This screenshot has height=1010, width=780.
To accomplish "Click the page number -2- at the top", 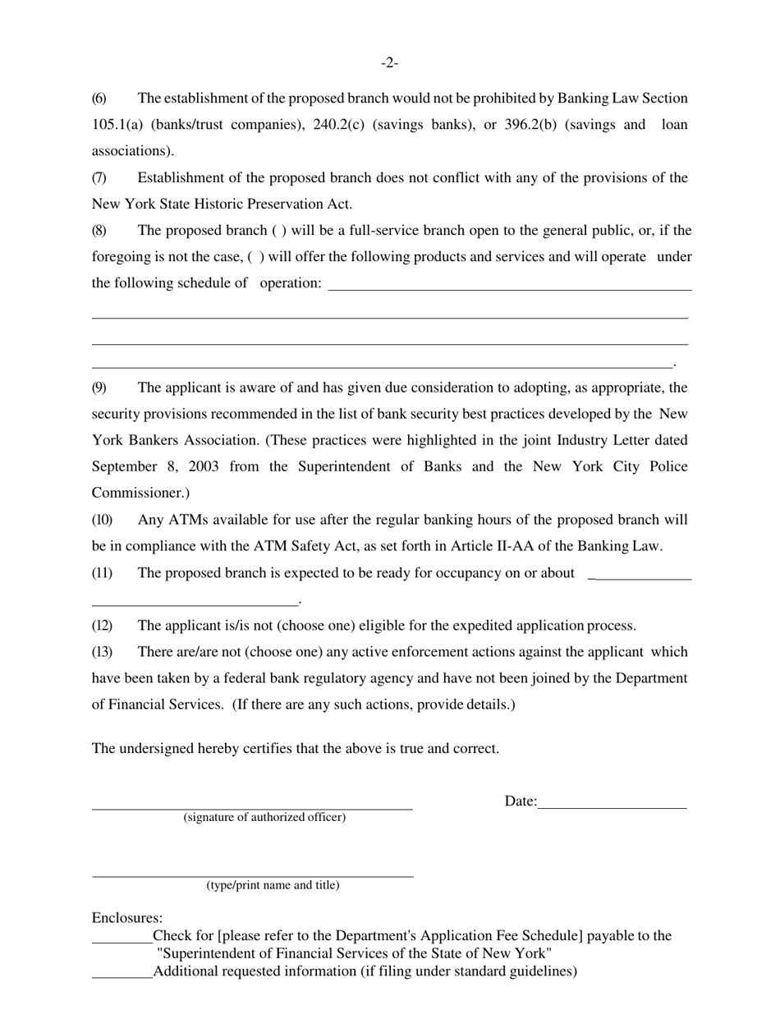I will (x=389, y=63).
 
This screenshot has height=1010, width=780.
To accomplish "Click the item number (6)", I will (x=99, y=99).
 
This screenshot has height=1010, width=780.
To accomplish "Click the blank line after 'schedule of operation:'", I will (x=509, y=288).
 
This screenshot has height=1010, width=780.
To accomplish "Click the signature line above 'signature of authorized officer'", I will (x=251, y=808).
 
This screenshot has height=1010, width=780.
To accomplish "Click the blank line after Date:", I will (x=612, y=807).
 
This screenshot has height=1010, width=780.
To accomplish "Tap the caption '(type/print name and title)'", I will (x=273, y=885).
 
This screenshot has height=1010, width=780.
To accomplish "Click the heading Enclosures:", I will (x=127, y=918).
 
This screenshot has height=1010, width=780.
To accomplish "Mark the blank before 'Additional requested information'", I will (x=122, y=976).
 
